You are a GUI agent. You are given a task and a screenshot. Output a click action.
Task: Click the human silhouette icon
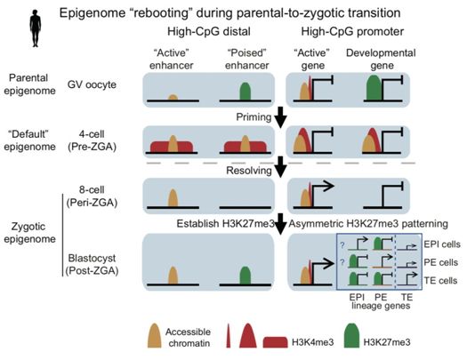tap(36, 28)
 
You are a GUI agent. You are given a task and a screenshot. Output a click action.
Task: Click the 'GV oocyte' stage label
tap(92, 84)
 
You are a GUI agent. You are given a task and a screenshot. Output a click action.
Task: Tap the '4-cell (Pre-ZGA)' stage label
tap(92, 140)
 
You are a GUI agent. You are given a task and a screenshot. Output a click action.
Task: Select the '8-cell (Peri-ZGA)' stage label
tap(92, 196)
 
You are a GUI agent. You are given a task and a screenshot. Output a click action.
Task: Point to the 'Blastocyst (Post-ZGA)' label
tap(92, 264)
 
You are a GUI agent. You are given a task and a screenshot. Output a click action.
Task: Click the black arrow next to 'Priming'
tap(280, 118)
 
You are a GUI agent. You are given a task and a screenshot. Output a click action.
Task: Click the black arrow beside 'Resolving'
tap(280, 167)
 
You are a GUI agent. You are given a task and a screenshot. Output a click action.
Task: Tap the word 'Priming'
tap(254, 117)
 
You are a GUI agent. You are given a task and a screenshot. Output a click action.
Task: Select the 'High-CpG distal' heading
tap(209, 31)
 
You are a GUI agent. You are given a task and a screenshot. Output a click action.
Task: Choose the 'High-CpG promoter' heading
tap(352, 31)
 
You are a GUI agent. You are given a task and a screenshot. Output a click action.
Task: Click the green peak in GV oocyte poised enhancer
tap(246, 92)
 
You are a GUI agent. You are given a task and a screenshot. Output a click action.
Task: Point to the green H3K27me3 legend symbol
tap(351, 335)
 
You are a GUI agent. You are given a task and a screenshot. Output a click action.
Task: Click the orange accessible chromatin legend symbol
tap(154, 336)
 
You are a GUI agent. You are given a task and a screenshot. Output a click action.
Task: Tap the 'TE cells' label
tap(440, 281)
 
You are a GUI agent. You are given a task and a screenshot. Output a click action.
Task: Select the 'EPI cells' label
tap(442, 244)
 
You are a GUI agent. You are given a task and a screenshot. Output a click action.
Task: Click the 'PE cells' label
tap(441, 262)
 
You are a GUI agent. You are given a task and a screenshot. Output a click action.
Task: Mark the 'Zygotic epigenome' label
tap(29, 232)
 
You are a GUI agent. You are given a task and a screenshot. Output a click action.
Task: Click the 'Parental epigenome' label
tap(29, 84)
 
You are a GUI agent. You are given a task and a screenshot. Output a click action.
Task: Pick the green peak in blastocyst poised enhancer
tap(246, 276)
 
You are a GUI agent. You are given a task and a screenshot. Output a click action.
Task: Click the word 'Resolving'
tap(249, 171)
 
